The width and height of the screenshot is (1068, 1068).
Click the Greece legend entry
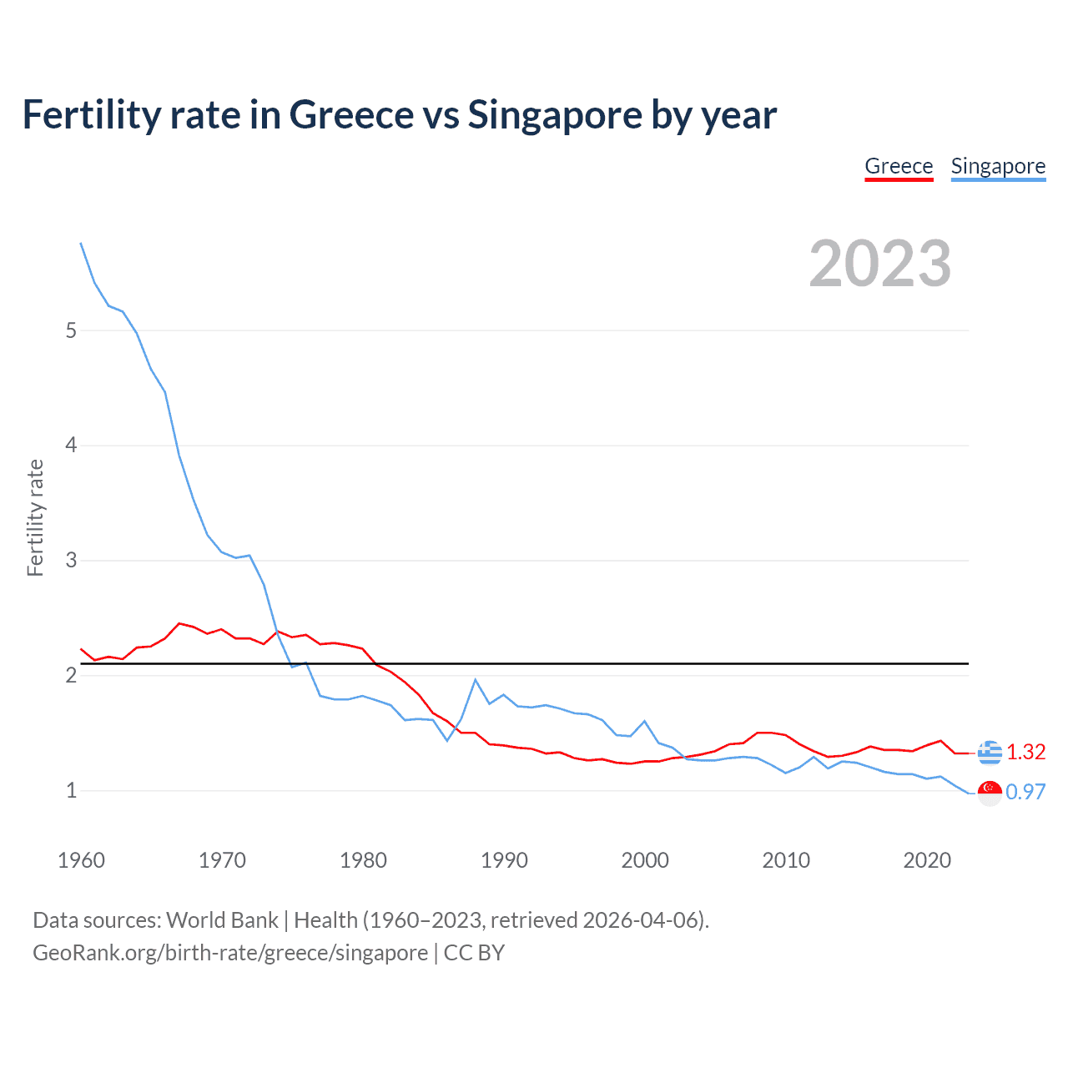899,166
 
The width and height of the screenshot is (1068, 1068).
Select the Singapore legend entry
998,166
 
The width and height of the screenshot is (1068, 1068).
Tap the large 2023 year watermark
880,264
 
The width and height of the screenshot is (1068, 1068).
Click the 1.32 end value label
1025,752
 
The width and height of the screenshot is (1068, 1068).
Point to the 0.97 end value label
1025,792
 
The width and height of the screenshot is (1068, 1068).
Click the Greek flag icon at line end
990,752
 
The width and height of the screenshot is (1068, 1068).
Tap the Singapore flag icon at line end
990,793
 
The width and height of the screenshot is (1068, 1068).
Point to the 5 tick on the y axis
71,330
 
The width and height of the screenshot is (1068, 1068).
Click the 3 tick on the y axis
71,560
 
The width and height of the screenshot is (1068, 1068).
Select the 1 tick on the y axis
71,790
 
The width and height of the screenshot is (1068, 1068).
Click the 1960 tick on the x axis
81,860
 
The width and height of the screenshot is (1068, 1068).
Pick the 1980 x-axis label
363,860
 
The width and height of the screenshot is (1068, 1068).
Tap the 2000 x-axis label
645,860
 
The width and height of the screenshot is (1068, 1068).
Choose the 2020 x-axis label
927,860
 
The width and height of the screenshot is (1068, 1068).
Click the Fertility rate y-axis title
35,517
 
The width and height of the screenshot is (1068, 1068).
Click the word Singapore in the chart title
554,115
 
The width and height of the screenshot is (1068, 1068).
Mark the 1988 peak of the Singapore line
476,679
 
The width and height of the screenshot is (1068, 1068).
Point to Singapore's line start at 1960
81,243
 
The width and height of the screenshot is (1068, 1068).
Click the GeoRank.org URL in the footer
230,953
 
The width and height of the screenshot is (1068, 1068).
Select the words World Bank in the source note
222,920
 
